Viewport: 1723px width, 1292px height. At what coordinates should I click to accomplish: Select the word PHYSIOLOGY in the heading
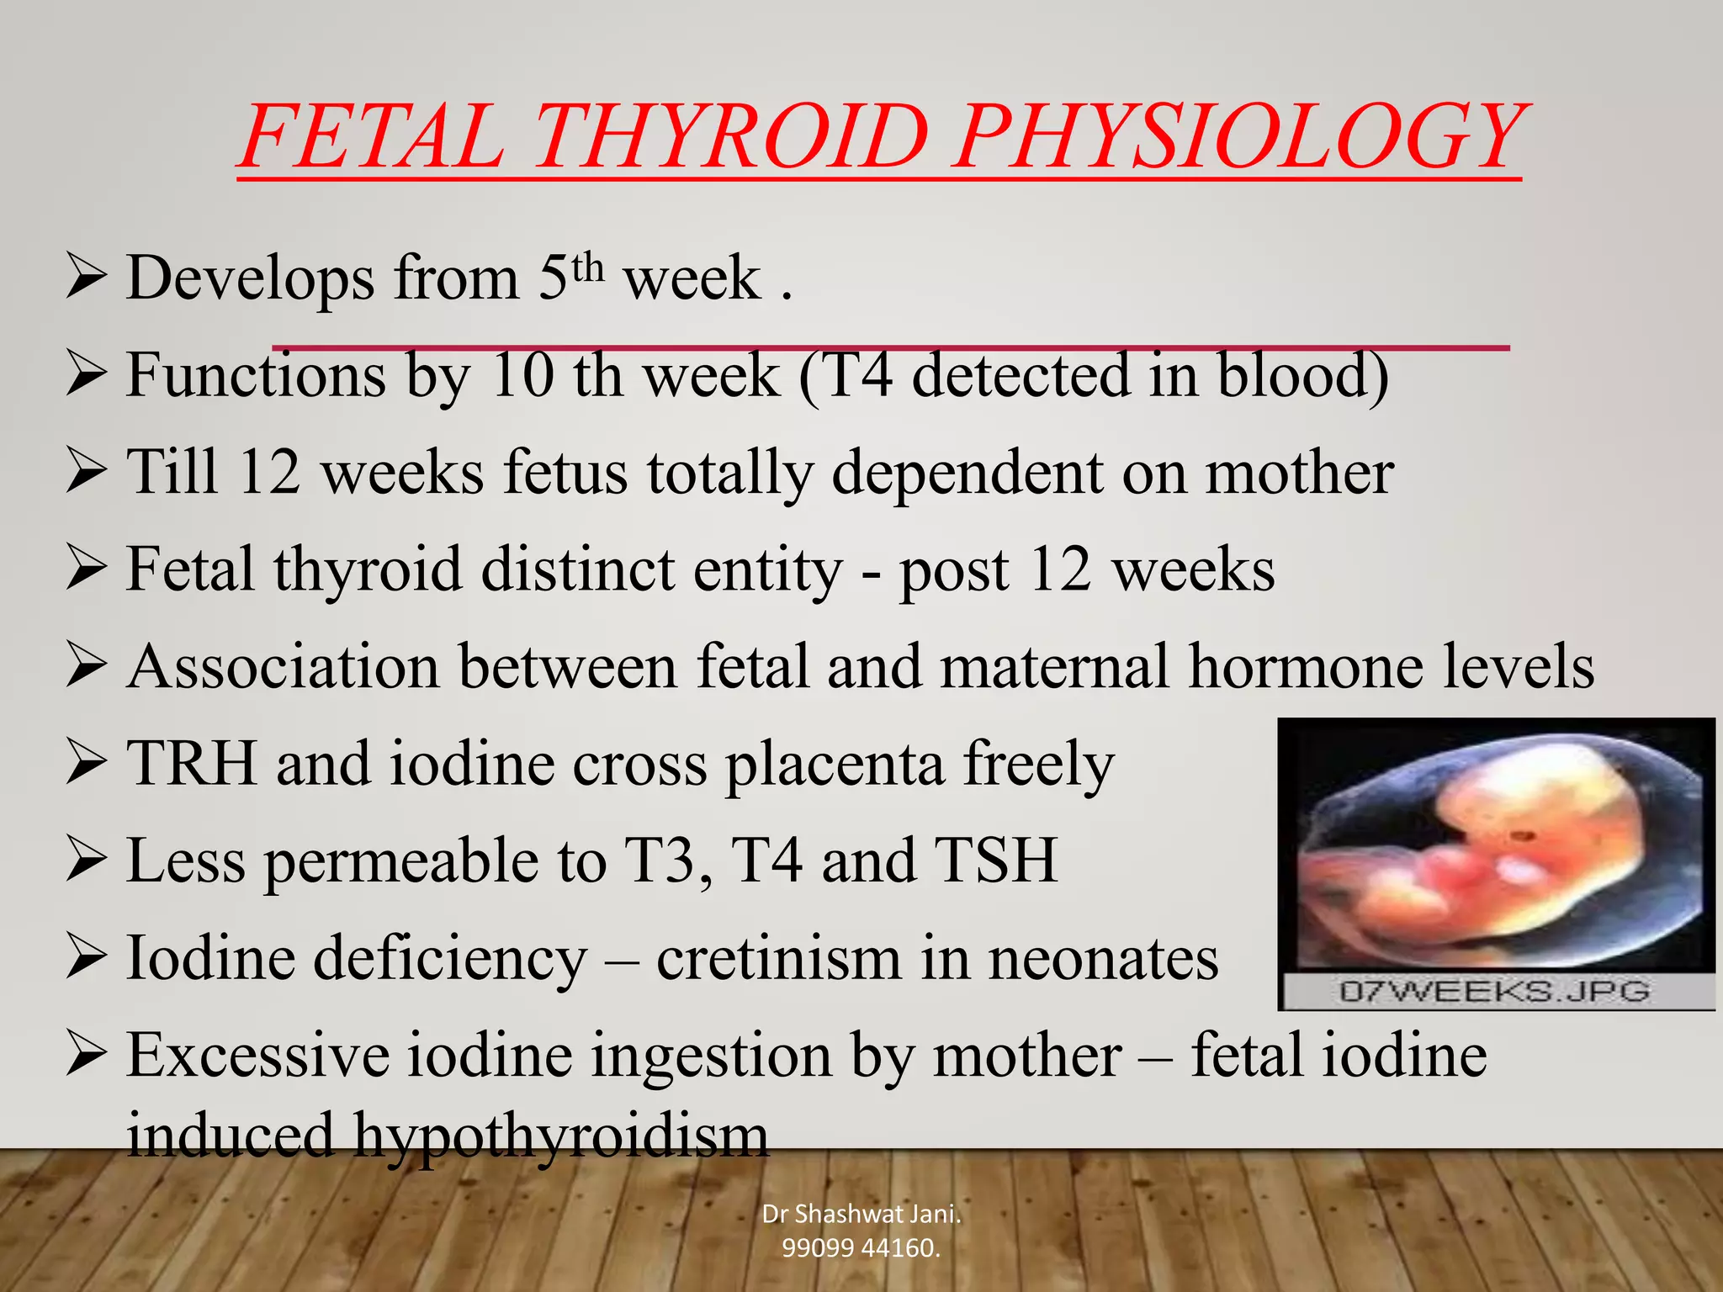pos(1237,136)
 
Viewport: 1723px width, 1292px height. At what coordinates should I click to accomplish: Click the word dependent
pos(967,473)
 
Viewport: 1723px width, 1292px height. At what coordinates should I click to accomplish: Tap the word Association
pos(283,666)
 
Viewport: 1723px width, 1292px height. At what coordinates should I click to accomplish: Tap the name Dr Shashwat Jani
pos(861,1214)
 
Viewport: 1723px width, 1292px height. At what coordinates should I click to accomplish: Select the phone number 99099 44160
pos(861,1247)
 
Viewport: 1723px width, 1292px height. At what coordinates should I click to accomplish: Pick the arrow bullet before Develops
pos(87,278)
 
